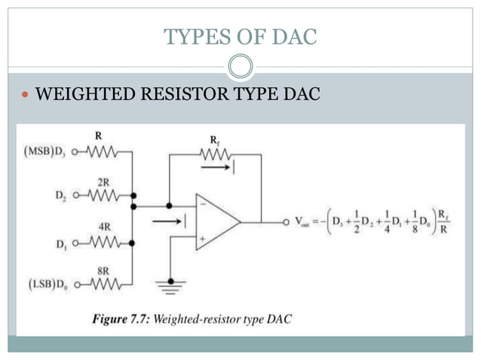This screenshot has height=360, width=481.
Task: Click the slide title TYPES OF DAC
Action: (240, 35)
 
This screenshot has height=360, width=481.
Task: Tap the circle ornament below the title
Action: (240, 67)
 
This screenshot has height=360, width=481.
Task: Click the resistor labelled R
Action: (101, 153)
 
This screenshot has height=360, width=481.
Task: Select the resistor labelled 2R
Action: (102, 197)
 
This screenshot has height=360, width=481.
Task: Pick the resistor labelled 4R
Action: (102, 243)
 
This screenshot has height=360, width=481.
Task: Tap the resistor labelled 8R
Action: (102, 284)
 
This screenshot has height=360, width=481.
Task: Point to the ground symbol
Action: (170, 282)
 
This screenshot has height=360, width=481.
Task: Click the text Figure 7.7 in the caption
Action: (121, 319)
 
